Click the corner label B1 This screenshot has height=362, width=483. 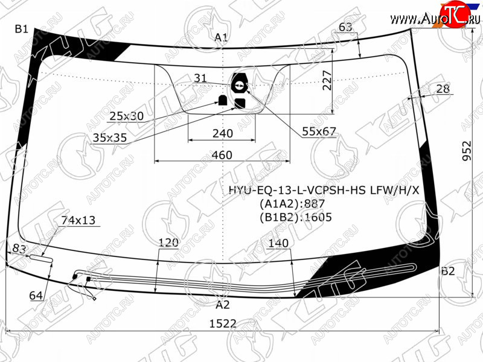click(22, 29)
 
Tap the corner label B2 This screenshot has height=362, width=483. click(447, 271)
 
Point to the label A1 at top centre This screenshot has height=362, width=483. click(221, 37)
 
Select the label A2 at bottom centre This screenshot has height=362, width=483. click(223, 305)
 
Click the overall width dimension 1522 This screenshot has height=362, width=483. click(223, 323)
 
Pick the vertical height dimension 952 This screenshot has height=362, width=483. click(467, 150)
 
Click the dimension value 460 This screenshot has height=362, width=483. click(222, 155)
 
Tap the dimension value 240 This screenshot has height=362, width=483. click(223, 133)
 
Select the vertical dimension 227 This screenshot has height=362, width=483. click(327, 80)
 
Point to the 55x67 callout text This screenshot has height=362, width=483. click(319, 132)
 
